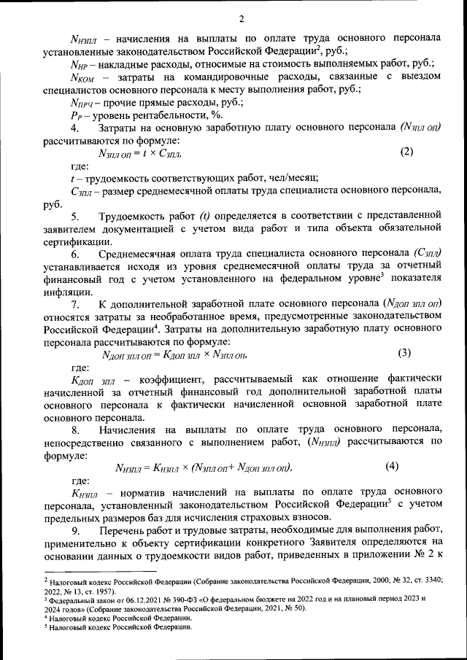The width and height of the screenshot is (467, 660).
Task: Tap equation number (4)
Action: tap(393, 466)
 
